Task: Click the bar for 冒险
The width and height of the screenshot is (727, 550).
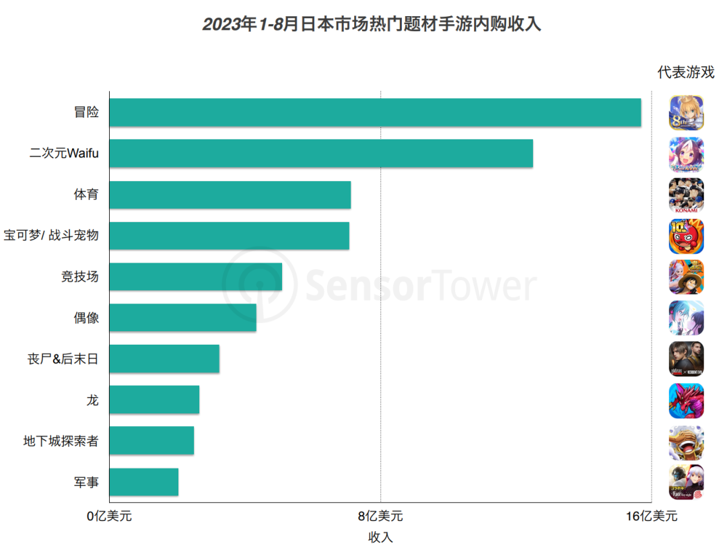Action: coord(375,112)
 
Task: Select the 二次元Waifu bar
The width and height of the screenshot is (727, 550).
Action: coord(321,153)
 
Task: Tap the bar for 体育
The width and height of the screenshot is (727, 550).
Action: coord(230,195)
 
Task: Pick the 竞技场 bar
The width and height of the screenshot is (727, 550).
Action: coord(195,277)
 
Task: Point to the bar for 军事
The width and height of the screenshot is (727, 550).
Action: coord(143,482)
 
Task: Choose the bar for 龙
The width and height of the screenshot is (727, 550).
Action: coord(154,400)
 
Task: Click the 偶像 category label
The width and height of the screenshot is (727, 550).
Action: coord(86,318)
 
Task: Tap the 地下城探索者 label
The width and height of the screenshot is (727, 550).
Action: coord(61,441)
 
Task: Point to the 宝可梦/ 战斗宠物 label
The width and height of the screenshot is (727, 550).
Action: coord(52,236)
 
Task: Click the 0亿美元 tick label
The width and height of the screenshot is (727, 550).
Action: coord(109,516)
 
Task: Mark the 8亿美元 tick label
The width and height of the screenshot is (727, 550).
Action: coord(380,516)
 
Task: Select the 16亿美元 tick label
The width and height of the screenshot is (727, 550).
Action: coord(652,516)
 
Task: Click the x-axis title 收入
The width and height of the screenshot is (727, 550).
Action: coord(380,537)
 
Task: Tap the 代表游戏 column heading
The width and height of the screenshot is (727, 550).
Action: coord(686,73)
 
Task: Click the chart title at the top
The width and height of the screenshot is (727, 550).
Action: coord(372,25)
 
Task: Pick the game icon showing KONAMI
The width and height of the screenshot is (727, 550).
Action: coord(687,195)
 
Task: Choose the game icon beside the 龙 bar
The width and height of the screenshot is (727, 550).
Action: coord(687,401)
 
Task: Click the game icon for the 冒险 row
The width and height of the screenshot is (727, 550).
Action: coord(687,112)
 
